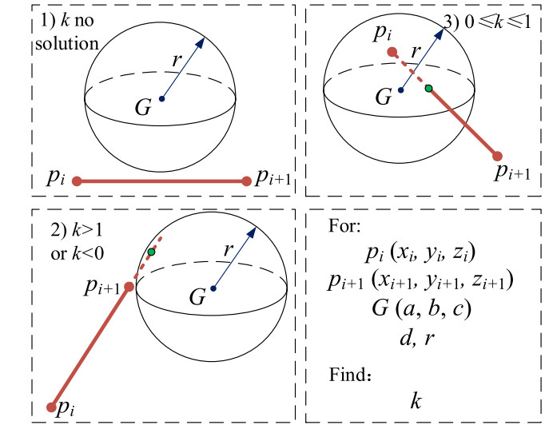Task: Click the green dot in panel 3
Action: [428, 88]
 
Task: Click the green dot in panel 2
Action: [151, 252]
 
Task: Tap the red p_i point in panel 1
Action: [77, 181]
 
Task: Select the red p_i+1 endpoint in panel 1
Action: [246, 181]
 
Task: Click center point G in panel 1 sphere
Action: [161, 99]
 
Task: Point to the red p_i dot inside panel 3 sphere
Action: [391, 52]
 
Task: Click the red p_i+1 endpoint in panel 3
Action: [497, 157]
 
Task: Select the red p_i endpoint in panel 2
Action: [51, 407]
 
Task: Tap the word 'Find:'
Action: [348, 371]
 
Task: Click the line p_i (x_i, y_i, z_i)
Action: [420, 255]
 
